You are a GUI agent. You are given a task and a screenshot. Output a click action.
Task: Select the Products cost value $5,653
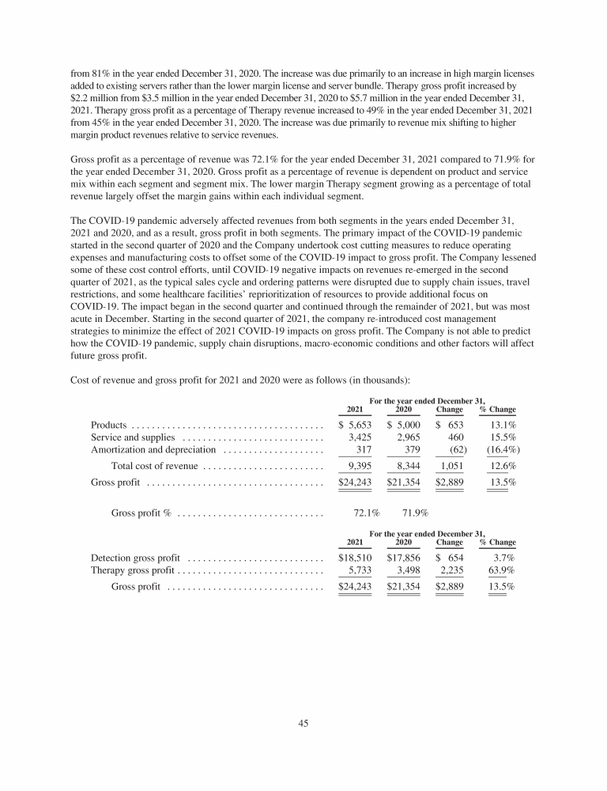pos(355,426)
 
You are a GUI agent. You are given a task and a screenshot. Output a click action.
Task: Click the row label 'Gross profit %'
pos(141,513)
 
